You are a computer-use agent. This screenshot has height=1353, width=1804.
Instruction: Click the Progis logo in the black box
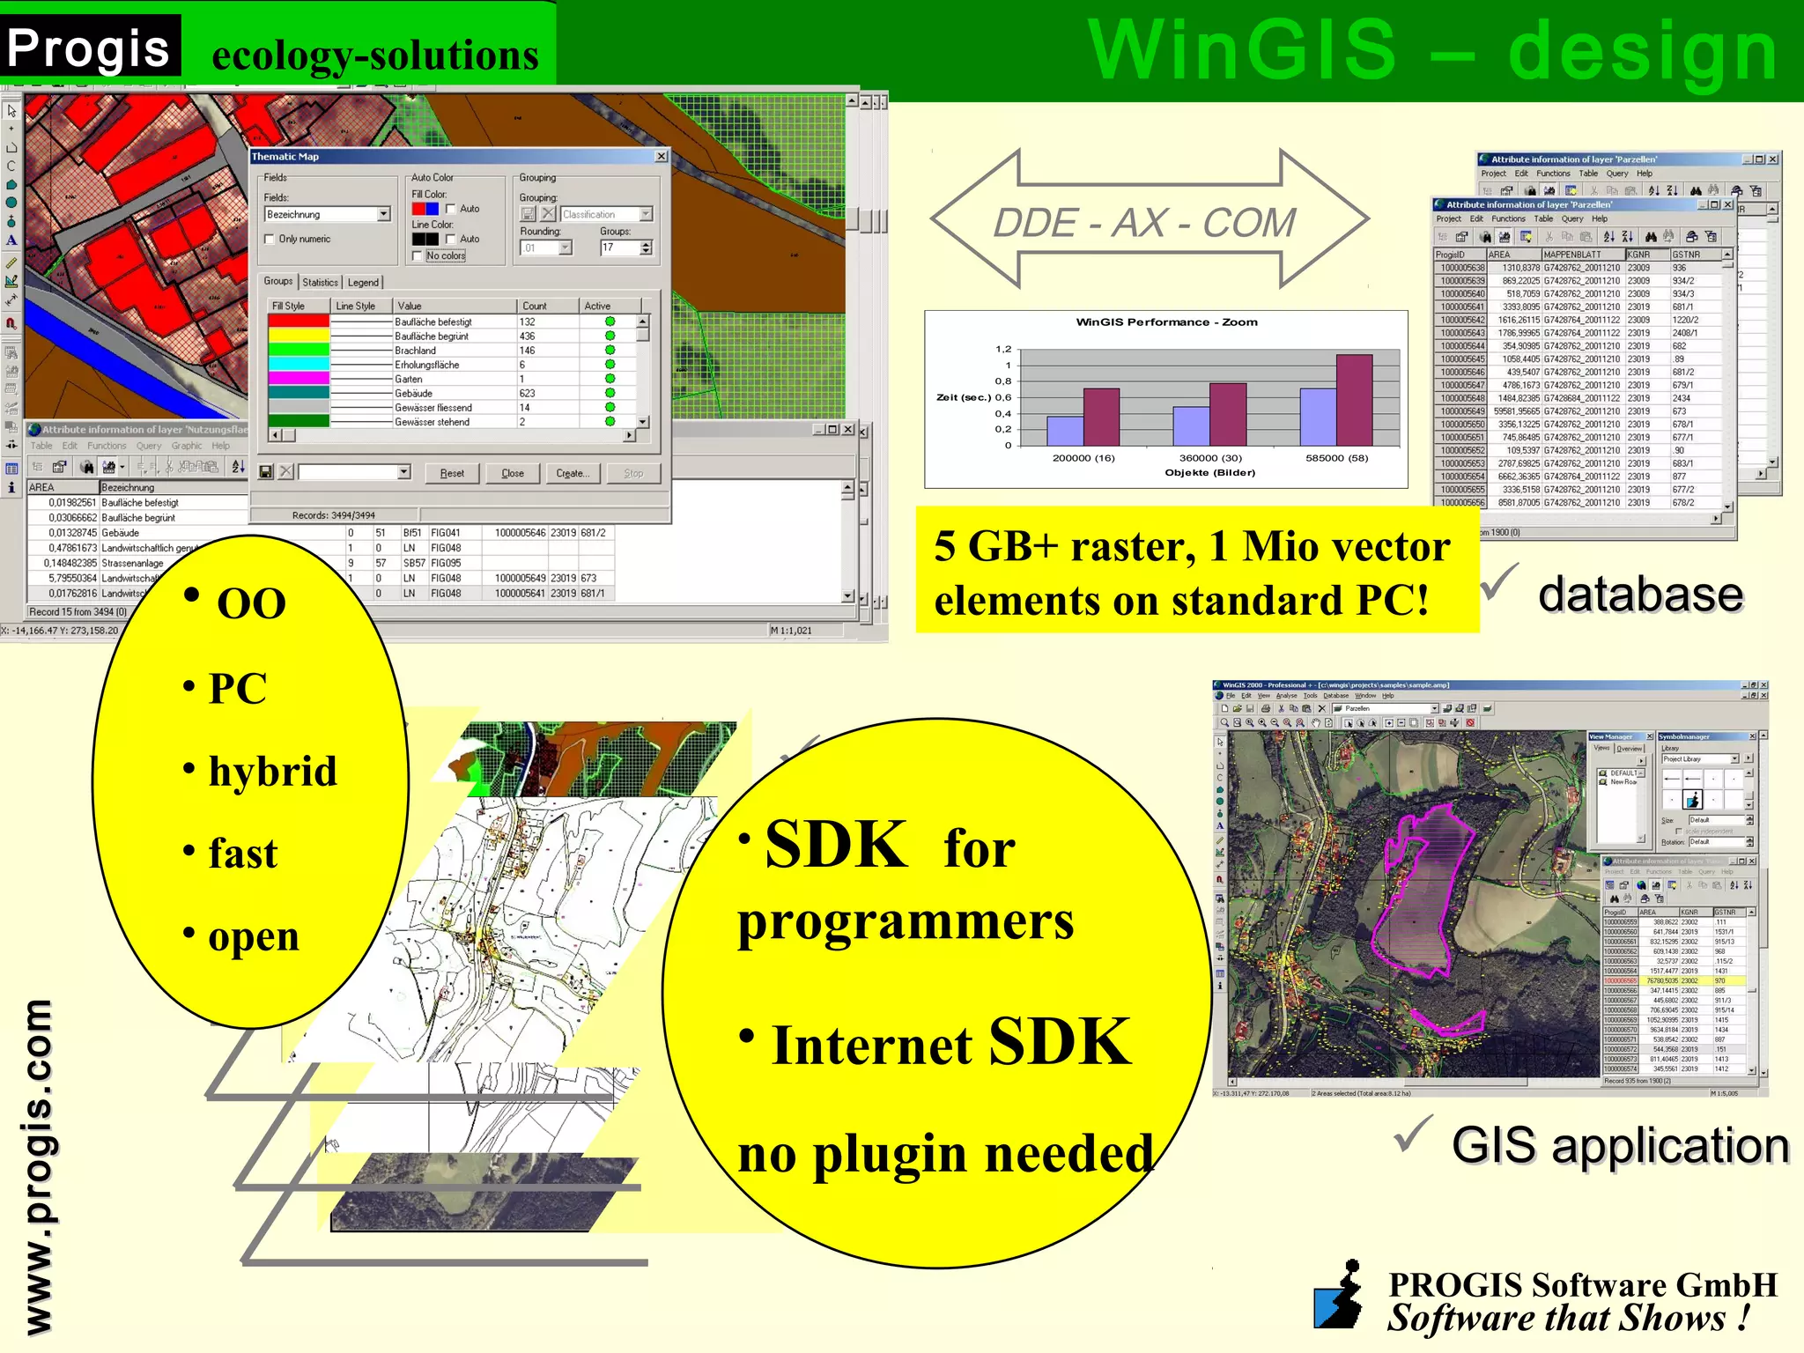(x=88, y=48)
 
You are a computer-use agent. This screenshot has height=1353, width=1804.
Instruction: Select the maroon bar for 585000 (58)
(x=1354, y=400)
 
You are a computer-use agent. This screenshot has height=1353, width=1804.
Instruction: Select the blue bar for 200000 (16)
(x=1064, y=431)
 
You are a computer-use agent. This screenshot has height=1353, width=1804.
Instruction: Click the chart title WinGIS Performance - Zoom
(x=1165, y=322)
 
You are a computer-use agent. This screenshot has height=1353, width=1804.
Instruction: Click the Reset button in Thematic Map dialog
(x=451, y=473)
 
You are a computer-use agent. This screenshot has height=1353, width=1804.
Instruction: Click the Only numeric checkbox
(x=270, y=239)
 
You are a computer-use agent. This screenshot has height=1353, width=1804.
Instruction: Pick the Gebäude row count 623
(x=527, y=393)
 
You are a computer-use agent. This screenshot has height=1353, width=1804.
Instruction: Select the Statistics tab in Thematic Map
(x=320, y=282)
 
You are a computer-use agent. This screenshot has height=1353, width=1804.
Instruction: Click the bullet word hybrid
(x=272, y=772)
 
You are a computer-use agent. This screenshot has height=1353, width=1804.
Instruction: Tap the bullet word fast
(x=242, y=854)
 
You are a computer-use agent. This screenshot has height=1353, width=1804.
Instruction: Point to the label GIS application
(x=1619, y=1145)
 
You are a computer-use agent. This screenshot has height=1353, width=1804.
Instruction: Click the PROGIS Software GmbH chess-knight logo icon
(x=1338, y=1296)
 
